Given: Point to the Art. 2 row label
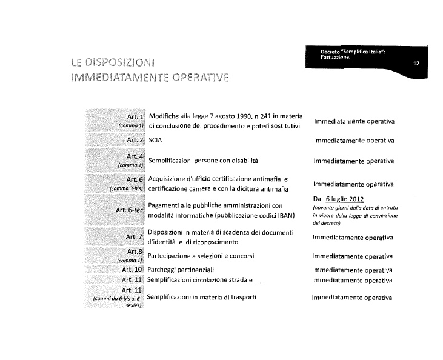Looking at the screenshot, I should point(134,139).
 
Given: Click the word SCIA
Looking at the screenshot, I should point(155,140).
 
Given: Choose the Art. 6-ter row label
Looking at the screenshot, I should point(128,210).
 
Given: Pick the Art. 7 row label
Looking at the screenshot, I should point(134,236).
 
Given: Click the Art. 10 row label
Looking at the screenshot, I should point(132,268).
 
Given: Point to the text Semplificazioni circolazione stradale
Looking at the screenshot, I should point(200,280).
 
